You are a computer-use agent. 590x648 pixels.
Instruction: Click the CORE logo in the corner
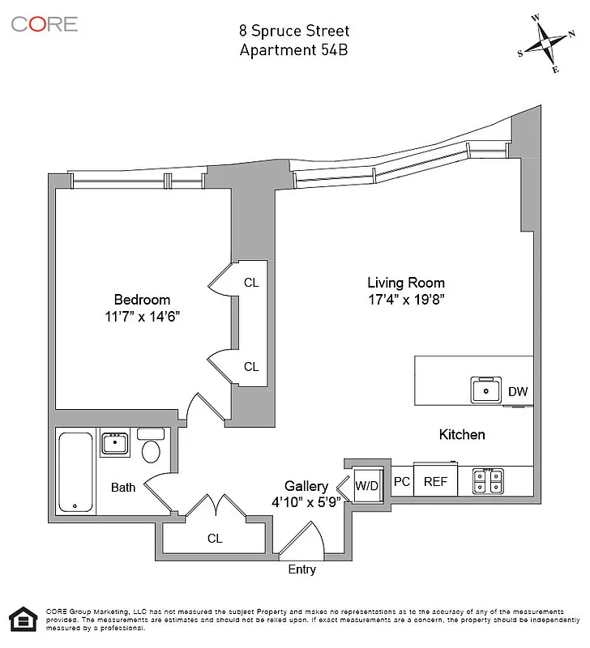[x=45, y=23]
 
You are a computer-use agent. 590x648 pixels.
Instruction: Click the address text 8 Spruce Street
[x=294, y=31]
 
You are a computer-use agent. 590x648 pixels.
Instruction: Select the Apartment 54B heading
[x=294, y=49]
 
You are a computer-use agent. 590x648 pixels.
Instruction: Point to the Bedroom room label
[x=142, y=299]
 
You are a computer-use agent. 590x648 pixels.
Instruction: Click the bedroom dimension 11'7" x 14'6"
[x=142, y=317]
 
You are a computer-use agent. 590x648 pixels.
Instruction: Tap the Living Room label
[x=406, y=283]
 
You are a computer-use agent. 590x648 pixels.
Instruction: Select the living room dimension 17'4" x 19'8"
[x=406, y=300]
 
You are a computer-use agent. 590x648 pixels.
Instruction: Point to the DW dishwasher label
[x=518, y=392]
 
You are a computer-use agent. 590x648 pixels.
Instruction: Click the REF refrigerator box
[x=436, y=481]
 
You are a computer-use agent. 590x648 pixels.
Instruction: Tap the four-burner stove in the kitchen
[x=490, y=482]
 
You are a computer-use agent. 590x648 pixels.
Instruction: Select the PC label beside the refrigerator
[x=402, y=481]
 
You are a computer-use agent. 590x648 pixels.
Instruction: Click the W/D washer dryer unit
[x=367, y=486]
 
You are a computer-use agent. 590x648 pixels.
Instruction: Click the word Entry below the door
[x=302, y=569]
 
